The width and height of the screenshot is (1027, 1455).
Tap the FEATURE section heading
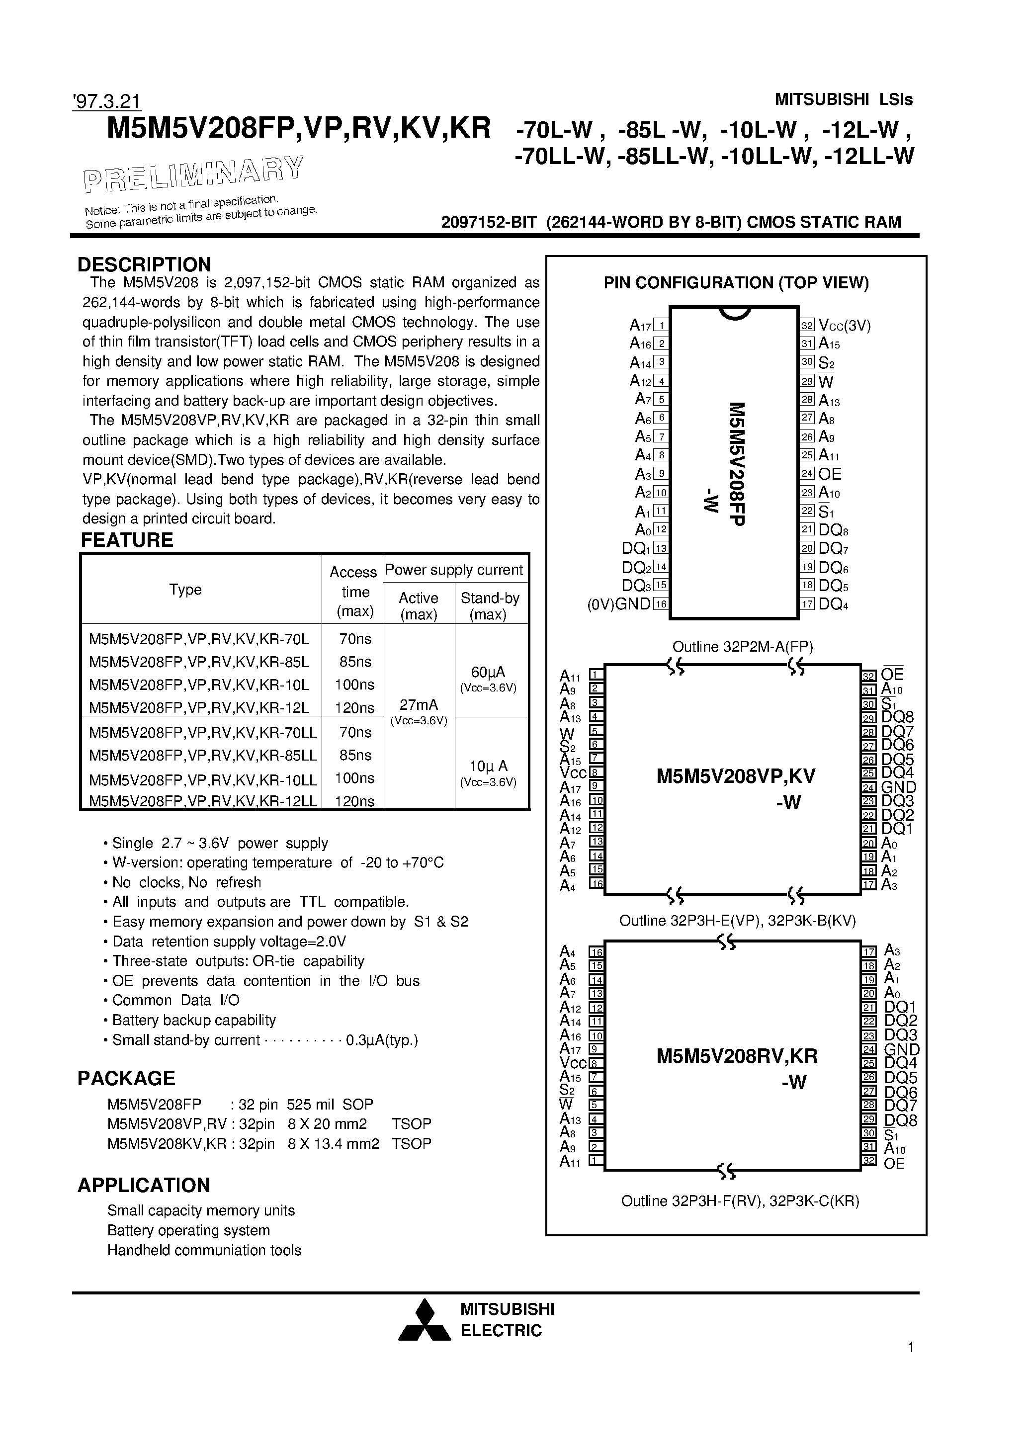(127, 540)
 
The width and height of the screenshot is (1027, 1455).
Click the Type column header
(185, 590)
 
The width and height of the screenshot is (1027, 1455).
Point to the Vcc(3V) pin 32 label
(844, 326)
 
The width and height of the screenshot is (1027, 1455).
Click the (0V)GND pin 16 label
(619, 604)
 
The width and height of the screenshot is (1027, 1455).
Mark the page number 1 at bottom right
(910, 1365)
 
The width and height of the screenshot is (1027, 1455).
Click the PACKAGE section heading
(126, 1079)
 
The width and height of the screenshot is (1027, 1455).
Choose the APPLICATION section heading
(143, 1186)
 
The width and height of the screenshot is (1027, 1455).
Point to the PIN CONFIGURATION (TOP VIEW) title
(736, 283)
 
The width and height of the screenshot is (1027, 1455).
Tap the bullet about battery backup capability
(193, 1020)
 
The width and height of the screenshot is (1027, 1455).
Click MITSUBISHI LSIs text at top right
(844, 99)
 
